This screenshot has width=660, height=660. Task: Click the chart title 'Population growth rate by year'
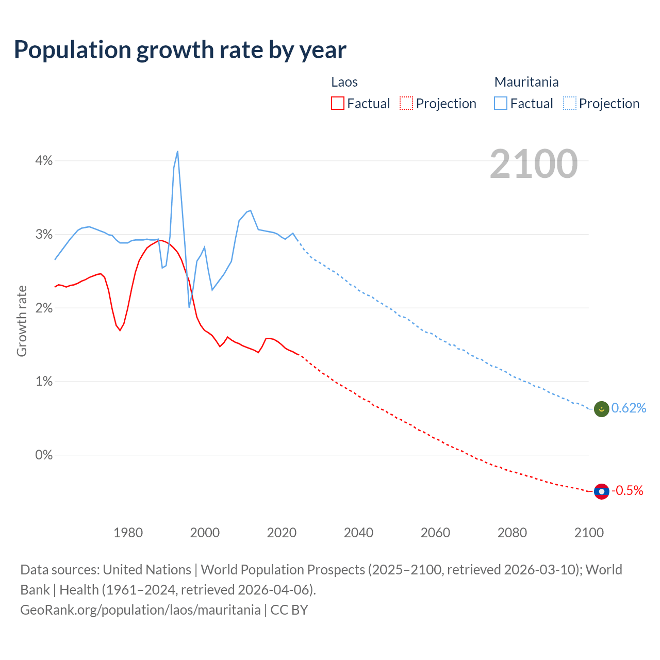[x=180, y=50]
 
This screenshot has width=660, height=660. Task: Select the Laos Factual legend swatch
[x=338, y=104]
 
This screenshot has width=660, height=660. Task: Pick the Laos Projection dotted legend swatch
[x=406, y=104]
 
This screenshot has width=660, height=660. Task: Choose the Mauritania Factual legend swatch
[x=501, y=104]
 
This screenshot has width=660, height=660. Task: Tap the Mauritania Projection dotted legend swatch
[x=569, y=104]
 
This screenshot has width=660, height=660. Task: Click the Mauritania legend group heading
[x=526, y=82]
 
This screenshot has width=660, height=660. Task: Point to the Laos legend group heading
[x=344, y=82]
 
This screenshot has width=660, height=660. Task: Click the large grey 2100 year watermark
[x=534, y=164]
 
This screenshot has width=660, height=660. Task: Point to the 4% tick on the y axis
[x=44, y=161]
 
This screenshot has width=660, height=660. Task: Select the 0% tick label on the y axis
[x=44, y=455]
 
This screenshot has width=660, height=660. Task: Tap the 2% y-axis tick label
[x=44, y=308]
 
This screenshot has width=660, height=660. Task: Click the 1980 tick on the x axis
[x=128, y=533]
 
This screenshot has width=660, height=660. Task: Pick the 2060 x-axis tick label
[x=435, y=533]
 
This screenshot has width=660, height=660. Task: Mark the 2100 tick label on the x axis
[x=589, y=533]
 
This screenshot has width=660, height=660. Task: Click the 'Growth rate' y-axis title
[x=22, y=321]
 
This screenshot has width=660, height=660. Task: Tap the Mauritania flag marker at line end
[x=602, y=409]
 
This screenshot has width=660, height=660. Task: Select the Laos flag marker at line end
[x=602, y=491]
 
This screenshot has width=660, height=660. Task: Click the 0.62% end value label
[x=629, y=408]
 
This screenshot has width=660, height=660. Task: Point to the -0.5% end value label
[x=628, y=491]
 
